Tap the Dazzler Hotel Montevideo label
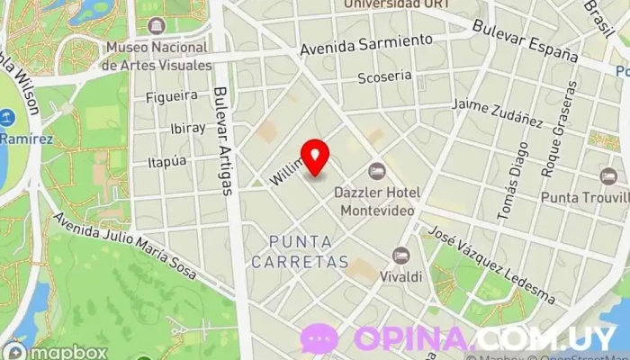376,201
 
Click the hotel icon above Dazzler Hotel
376,171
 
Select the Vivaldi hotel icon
401,256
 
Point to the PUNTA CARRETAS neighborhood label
300,252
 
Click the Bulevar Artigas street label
224,139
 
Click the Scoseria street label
384,77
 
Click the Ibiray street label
187,128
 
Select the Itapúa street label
166,161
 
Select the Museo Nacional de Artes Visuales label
157,56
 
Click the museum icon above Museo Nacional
157,25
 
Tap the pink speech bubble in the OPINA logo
319,338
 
